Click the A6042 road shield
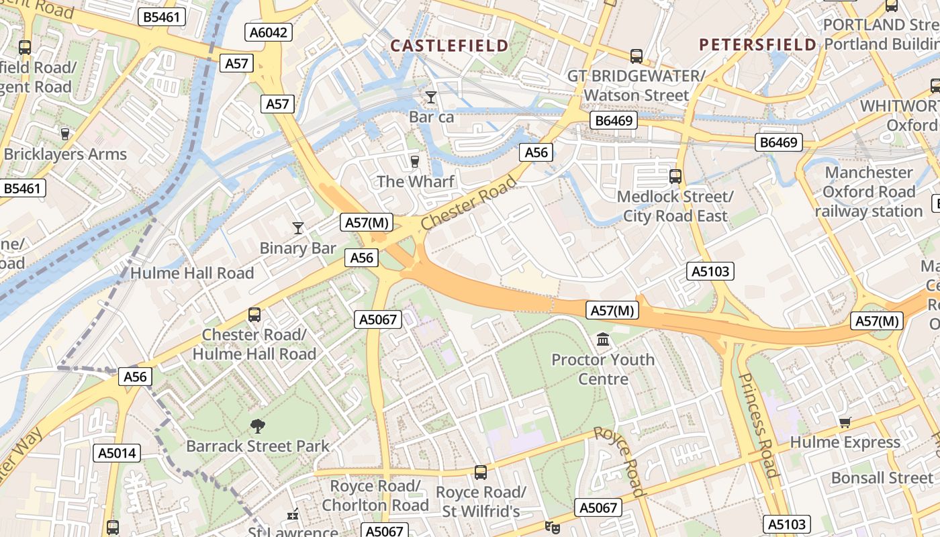coord(268,32)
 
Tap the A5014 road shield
coord(117,453)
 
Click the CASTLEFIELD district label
coord(449,46)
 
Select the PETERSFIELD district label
coord(757,45)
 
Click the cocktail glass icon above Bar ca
coord(431,97)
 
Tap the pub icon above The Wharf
coord(414,162)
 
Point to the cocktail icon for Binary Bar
coord(298,228)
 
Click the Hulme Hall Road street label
coord(192,273)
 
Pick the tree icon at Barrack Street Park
coord(257,426)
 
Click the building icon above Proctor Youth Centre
coord(603,340)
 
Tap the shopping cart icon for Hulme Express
coord(845,422)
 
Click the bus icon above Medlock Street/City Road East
coord(675,177)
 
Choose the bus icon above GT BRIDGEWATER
coord(636,56)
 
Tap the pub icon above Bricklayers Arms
coord(65,134)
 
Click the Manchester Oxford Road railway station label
coord(869,192)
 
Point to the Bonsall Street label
coord(882,478)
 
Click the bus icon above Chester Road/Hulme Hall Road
coord(254,314)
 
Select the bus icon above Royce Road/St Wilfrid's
coord(480,472)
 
